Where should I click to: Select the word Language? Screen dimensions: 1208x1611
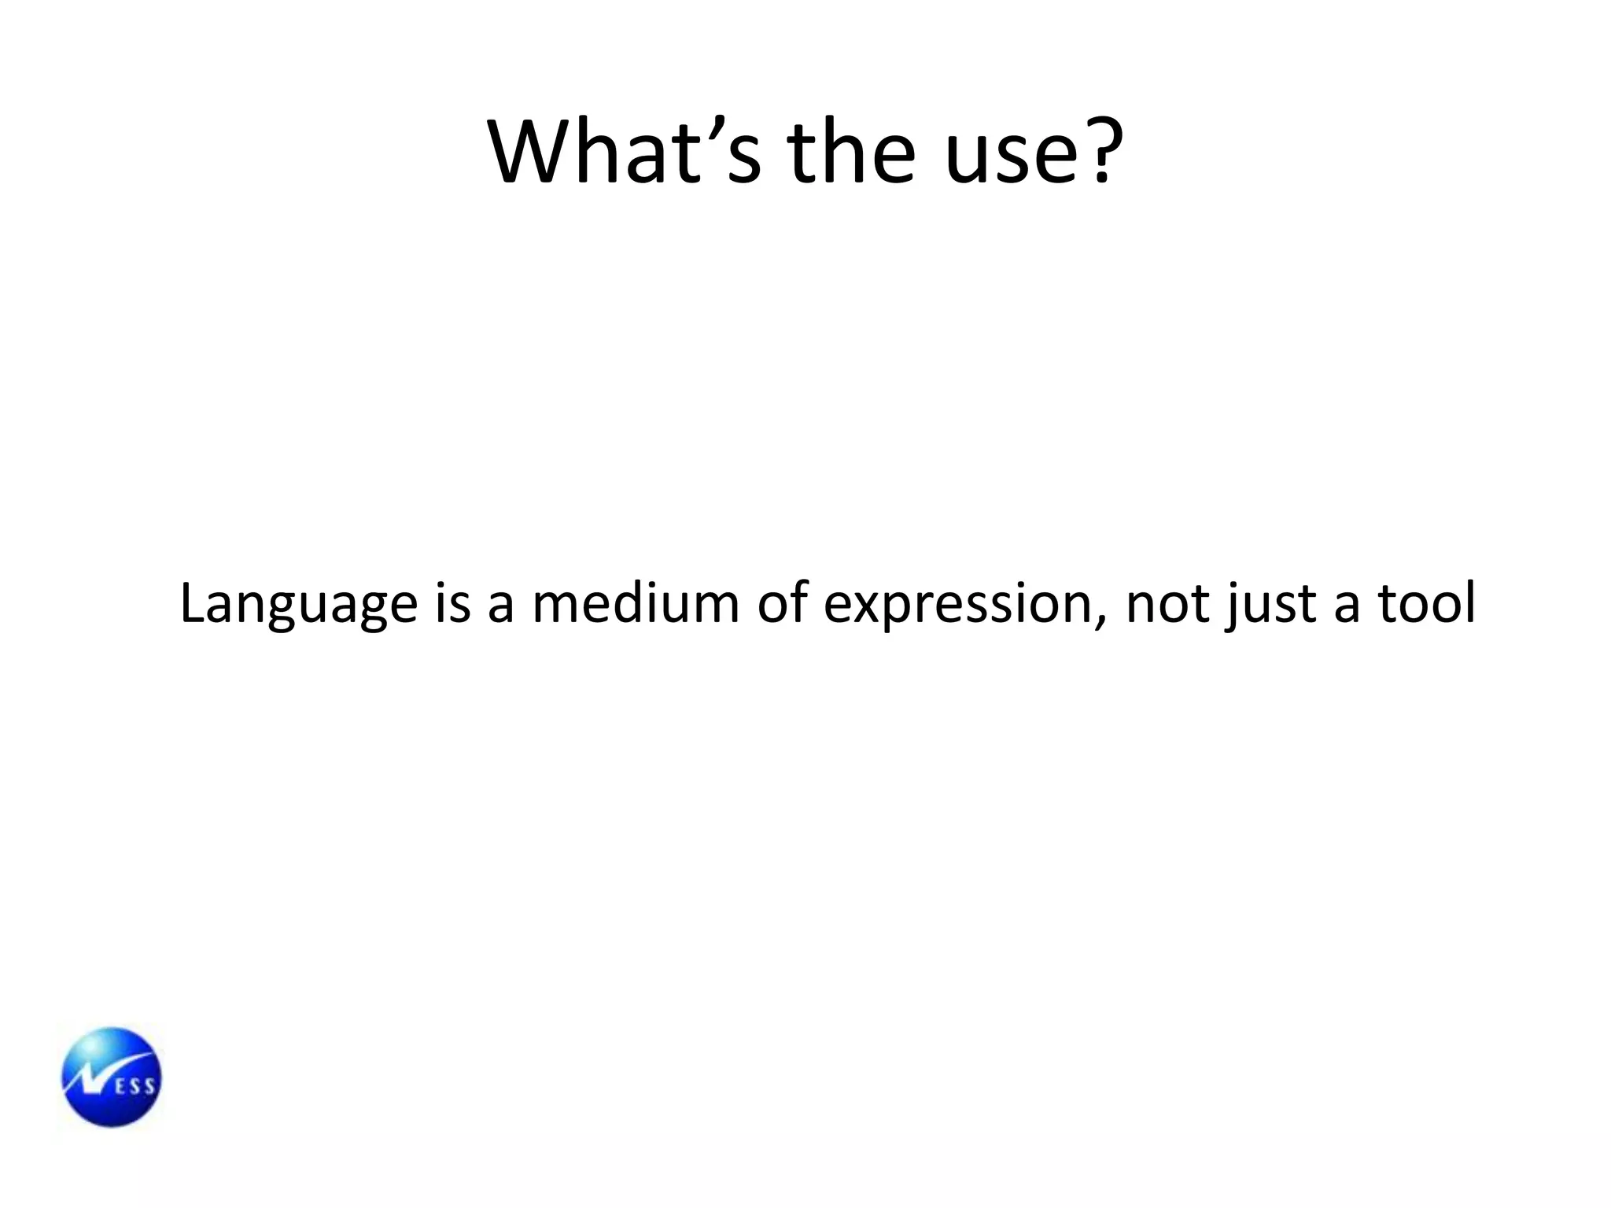click(x=298, y=604)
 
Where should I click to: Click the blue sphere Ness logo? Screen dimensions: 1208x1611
click(x=112, y=1077)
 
